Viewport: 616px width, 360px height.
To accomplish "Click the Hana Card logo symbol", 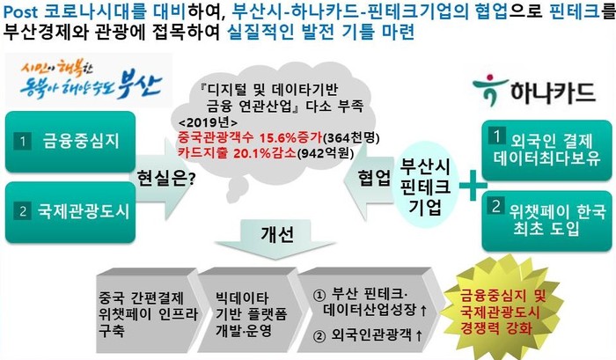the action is [x=486, y=89].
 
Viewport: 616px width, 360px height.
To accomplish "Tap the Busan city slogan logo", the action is [x=89, y=80].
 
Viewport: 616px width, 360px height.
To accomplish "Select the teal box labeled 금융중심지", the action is [x=70, y=142].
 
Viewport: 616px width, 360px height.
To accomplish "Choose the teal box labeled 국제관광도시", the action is [x=70, y=212].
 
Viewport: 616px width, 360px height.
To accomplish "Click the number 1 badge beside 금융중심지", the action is [x=22, y=142].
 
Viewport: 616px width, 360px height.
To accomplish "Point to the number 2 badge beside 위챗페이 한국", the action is [x=496, y=206].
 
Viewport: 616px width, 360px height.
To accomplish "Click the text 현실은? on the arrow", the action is [x=165, y=179].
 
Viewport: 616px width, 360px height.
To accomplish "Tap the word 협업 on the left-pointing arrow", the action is [x=374, y=178].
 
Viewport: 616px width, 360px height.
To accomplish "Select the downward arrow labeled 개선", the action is [x=275, y=239].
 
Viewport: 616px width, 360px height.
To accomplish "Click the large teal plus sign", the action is [x=473, y=185].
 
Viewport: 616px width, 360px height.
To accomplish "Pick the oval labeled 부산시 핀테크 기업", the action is [x=425, y=186].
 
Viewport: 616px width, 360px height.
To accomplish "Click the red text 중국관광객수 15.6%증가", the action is [x=250, y=137].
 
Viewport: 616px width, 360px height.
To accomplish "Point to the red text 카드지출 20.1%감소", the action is [x=237, y=152].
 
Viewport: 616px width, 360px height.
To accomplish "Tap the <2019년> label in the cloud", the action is [x=208, y=122].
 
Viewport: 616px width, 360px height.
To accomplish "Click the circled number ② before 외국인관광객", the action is [x=319, y=336].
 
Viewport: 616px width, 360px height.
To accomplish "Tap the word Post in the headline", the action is [x=21, y=11].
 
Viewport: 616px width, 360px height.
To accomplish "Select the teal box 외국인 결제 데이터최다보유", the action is [x=546, y=151].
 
